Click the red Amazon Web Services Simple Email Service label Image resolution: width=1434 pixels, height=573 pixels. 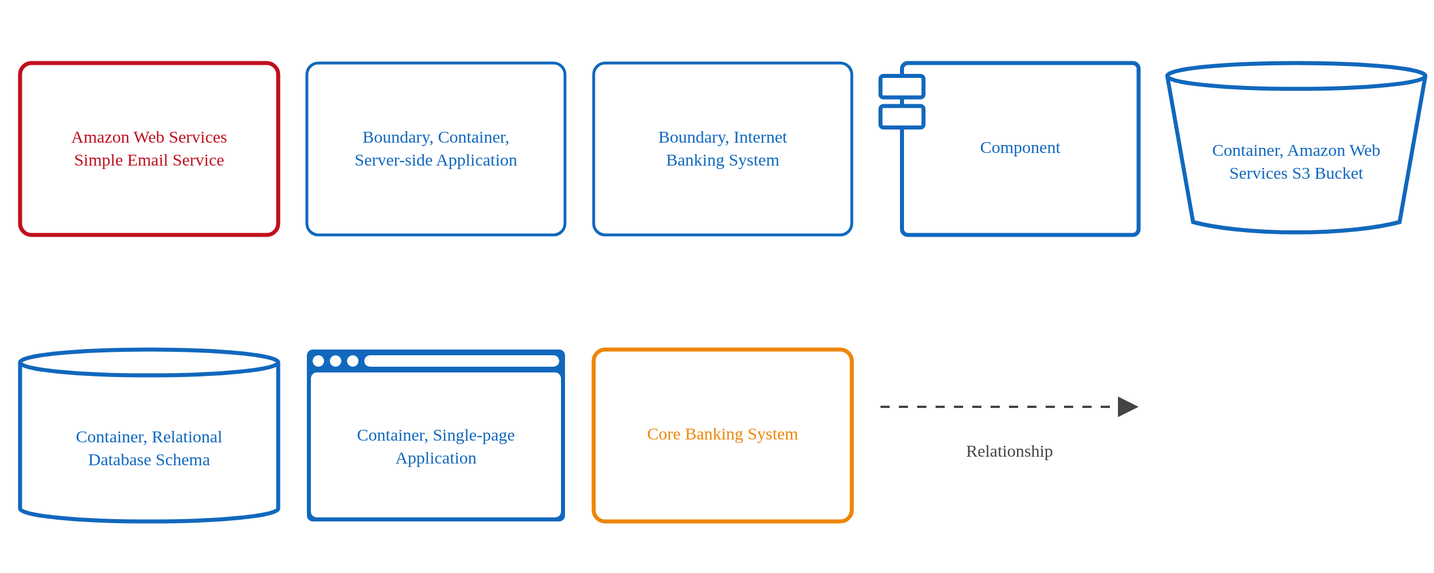(149, 148)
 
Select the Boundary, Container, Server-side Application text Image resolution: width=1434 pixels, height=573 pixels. (435, 148)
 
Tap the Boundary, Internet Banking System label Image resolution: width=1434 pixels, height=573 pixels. (722, 148)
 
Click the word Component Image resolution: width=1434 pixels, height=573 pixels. (1020, 148)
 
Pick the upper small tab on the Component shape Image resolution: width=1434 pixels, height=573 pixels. (902, 87)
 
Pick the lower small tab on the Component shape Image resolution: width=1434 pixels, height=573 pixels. (902, 117)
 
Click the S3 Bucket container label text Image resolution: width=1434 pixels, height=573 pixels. (1296, 162)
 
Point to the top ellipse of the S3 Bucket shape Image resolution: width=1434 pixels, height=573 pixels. (1296, 76)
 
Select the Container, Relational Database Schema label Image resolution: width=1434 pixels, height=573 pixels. (149, 448)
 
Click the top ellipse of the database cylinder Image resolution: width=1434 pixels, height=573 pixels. (149, 363)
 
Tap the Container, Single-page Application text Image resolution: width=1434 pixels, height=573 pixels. (435, 446)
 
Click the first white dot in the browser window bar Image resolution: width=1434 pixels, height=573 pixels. (318, 361)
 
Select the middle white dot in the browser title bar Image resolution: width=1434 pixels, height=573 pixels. (336, 361)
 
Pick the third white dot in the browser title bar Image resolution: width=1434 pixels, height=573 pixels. (353, 361)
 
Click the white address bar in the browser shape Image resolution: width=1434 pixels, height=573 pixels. (462, 361)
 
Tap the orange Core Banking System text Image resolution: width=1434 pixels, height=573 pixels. (722, 434)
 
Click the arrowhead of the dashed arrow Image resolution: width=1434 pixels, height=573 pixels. (1127, 407)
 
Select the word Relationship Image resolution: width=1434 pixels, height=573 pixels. (1009, 452)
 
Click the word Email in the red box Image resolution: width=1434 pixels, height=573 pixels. (149, 160)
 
